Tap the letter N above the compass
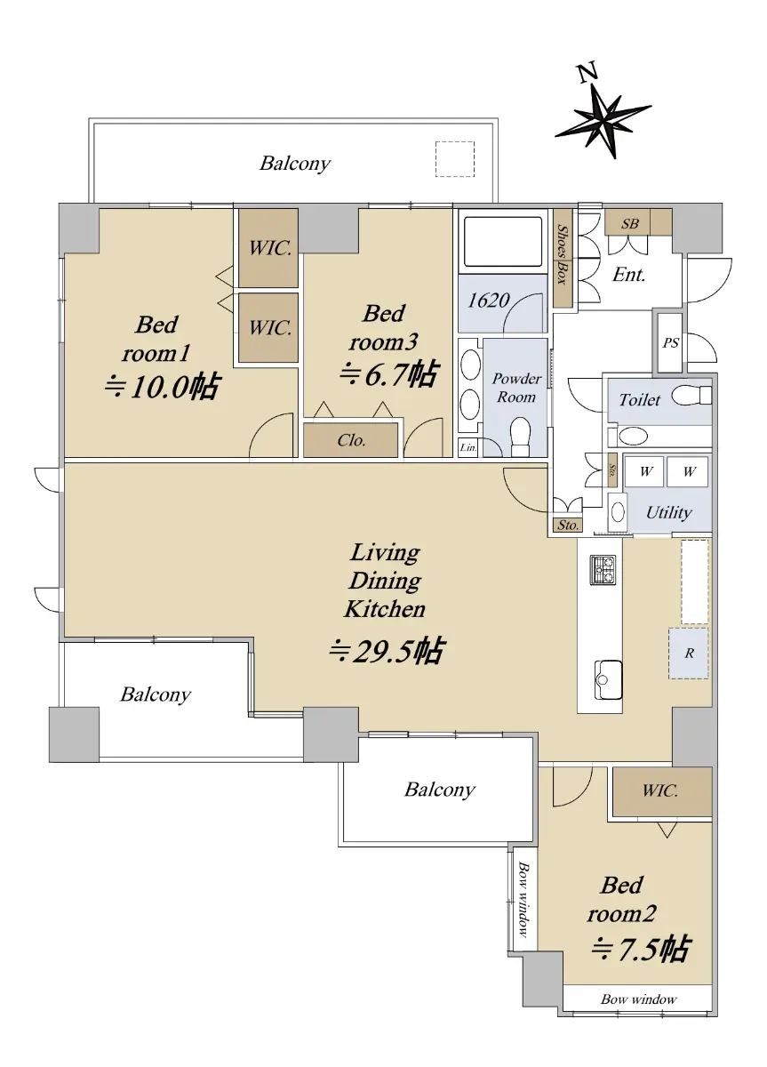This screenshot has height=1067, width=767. tap(588, 74)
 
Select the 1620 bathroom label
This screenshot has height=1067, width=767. tap(488, 301)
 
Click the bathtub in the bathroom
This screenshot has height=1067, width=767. tap(503, 242)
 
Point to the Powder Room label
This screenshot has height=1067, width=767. tap(516, 388)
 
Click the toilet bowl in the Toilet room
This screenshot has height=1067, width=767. tap(691, 396)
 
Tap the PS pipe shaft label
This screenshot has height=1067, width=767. tap(670, 342)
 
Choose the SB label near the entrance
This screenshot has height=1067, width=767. tap(629, 223)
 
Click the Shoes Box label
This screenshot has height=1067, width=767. tap(563, 255)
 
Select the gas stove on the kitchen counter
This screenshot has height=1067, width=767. tap(603, 570)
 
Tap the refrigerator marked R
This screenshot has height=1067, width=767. tap(688, 653)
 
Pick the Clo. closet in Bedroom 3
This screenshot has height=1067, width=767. tap(351, 440)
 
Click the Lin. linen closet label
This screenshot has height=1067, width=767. tap(468, 448)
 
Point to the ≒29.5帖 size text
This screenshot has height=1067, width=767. tap(387, 651)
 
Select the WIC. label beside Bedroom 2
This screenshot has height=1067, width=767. tap(659, 790)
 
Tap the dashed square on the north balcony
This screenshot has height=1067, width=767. tap(455, 158)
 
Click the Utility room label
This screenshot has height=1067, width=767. tap(668, 513)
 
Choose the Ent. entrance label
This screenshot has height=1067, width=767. tap(628, 275)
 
